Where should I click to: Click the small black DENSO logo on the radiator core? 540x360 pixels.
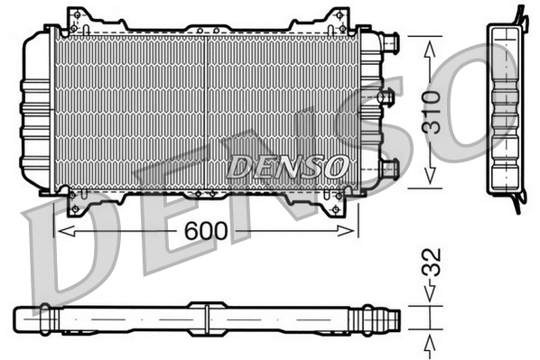(x=286, y=166)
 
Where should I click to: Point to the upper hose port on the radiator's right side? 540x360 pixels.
(x=388, y=42)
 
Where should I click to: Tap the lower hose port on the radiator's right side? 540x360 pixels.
(x=388, y=168)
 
